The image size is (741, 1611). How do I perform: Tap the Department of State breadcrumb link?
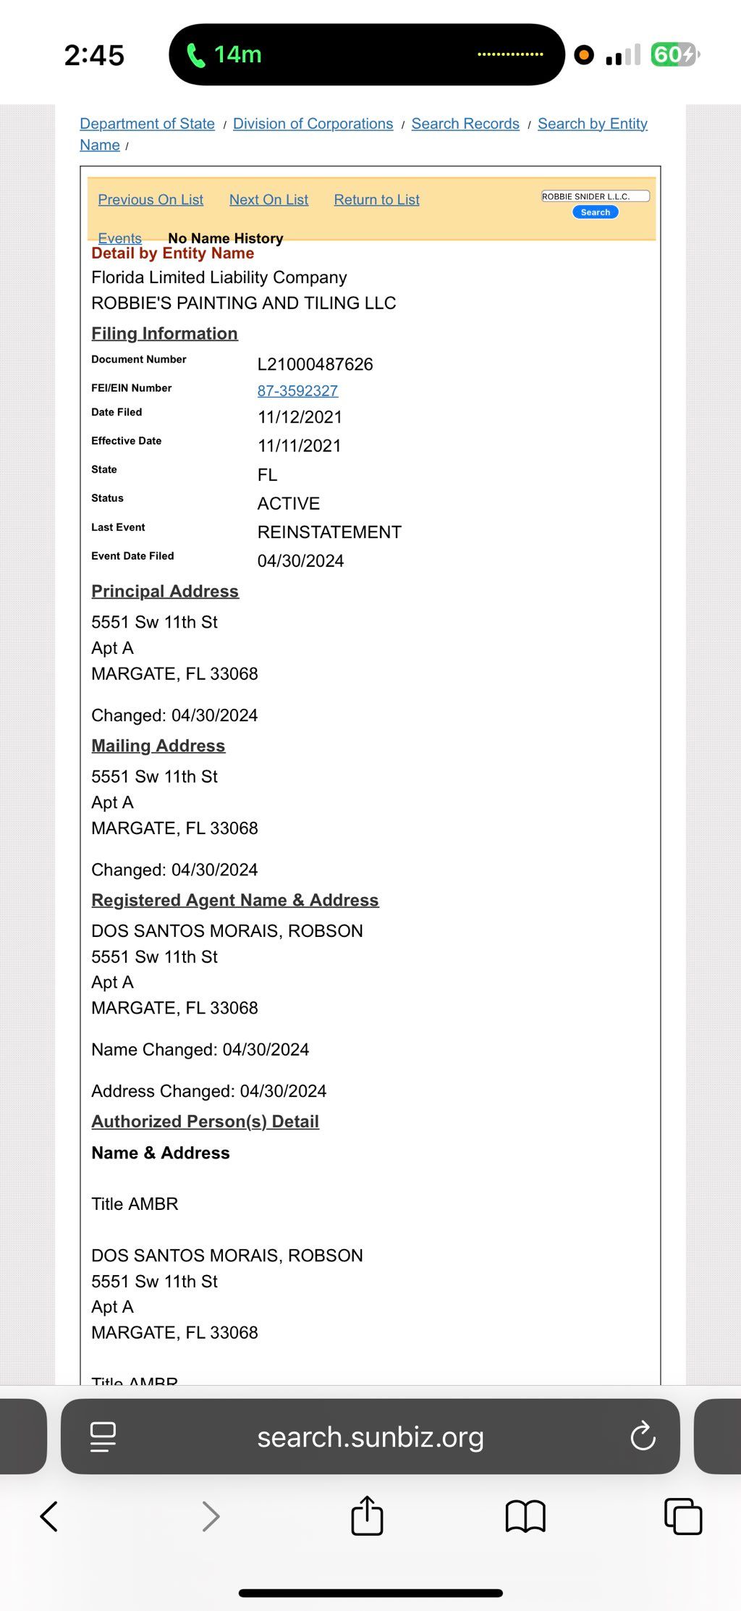[147, 124]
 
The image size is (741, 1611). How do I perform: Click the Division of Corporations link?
[313, 124]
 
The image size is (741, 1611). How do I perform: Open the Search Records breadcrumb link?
[465, 124]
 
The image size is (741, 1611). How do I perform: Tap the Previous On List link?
[151, 200]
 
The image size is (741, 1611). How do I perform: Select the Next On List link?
[268, 200]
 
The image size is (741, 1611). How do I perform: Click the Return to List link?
[376, 200]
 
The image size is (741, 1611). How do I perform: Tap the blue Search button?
[595, 212]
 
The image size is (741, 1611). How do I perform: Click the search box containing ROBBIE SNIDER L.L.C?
[595, 196]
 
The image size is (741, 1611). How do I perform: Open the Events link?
[120, 237]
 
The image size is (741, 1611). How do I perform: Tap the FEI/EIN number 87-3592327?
[297, 391]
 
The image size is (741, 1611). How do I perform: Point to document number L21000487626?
[315, 364]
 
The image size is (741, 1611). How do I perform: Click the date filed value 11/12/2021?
[300, 417]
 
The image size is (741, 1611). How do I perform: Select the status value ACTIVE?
[288, 504]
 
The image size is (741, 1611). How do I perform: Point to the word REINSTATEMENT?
[329, 532]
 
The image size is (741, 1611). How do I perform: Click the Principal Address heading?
[165, 592]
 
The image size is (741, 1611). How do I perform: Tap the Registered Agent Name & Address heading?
[234, 900]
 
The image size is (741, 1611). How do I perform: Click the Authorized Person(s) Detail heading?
[205, 1122]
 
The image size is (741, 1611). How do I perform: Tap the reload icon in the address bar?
[643, 1437]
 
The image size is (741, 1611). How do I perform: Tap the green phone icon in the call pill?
[195, 55]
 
